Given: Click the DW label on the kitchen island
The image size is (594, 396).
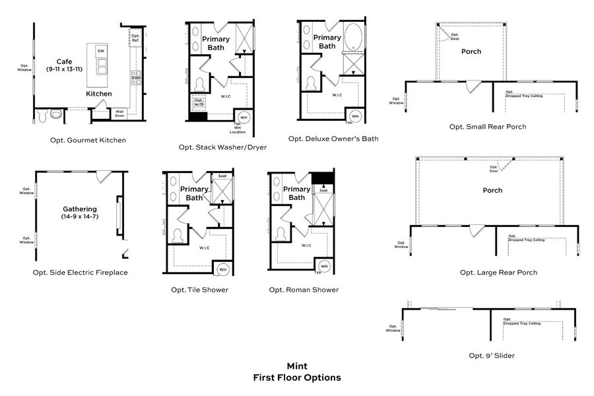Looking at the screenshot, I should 100,51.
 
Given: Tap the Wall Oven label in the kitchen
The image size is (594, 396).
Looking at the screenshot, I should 119,113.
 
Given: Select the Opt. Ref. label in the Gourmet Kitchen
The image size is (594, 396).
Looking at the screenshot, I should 135,38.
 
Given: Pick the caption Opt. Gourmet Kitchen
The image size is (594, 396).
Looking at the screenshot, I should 88,140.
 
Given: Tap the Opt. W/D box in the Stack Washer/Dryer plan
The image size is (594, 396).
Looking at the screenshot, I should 199,103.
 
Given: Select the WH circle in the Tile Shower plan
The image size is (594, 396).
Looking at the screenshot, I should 222,269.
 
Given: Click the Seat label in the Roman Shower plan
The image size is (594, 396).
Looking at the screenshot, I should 324,190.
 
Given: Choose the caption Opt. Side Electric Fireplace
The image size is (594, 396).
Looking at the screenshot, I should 80,272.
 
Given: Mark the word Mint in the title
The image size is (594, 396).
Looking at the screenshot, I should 296,366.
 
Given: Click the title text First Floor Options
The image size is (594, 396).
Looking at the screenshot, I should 297,378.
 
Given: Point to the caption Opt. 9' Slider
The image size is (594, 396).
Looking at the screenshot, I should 492,356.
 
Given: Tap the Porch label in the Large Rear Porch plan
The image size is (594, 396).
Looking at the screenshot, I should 492,190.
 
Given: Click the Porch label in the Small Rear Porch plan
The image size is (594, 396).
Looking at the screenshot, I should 471,51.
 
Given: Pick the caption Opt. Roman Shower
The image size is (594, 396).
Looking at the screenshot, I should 304,290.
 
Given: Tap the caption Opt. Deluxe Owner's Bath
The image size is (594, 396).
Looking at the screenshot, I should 333,139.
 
